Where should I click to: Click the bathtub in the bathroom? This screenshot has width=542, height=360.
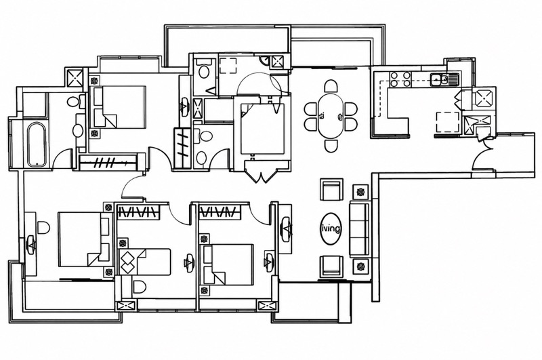pos(37,144)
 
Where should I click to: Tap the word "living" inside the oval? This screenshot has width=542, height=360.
pos(331,228)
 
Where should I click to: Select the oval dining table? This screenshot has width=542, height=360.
pos(331,115)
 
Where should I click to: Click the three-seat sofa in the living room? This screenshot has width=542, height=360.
pos(360,229)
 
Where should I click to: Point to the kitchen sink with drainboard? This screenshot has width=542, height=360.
pos(444,79)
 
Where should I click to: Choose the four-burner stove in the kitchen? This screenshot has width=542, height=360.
pos(400,79)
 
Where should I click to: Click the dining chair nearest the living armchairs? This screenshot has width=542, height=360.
pos(331,146)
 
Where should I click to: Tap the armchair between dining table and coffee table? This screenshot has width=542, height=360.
pos(331,189)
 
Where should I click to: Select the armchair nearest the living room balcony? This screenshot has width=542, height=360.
pos(331,266)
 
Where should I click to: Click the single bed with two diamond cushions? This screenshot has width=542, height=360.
pos(145,262)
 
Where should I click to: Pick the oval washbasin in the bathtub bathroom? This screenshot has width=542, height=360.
pos(78,130)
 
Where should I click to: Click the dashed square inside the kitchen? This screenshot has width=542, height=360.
pos(447,122)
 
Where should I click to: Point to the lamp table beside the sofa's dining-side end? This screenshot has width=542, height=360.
pos(361,191)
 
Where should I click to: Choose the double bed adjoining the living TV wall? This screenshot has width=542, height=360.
pos(228,264)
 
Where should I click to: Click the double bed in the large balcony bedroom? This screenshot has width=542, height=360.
pos(85,239)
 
